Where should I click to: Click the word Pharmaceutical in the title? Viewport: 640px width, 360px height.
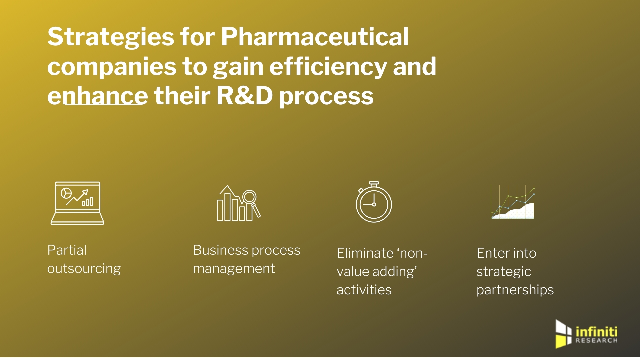[x=314, y=37]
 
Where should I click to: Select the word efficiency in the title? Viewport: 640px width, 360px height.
[x=328, y=67]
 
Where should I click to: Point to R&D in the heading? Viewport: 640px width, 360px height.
[x=244, y=96]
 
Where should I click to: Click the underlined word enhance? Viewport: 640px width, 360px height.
[x=97, y=96]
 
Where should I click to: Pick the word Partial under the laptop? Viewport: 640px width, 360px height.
[x=67, y=250]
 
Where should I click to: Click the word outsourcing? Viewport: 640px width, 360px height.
[x=84, y=269]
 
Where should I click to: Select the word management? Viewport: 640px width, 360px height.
[x=234, y=269]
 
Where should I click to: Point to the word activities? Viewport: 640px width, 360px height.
[x=364, y=290]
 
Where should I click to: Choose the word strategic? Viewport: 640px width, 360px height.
[x=503, y=272]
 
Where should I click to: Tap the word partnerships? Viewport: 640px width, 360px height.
[x=515, y=290]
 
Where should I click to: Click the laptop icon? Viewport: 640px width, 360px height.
[x=77, y=203]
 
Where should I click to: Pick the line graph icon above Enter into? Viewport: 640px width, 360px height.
[x=512, y=202]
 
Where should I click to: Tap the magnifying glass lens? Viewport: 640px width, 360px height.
[x=249, y=197]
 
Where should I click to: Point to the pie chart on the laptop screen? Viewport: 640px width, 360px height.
[x=66, y=193]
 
